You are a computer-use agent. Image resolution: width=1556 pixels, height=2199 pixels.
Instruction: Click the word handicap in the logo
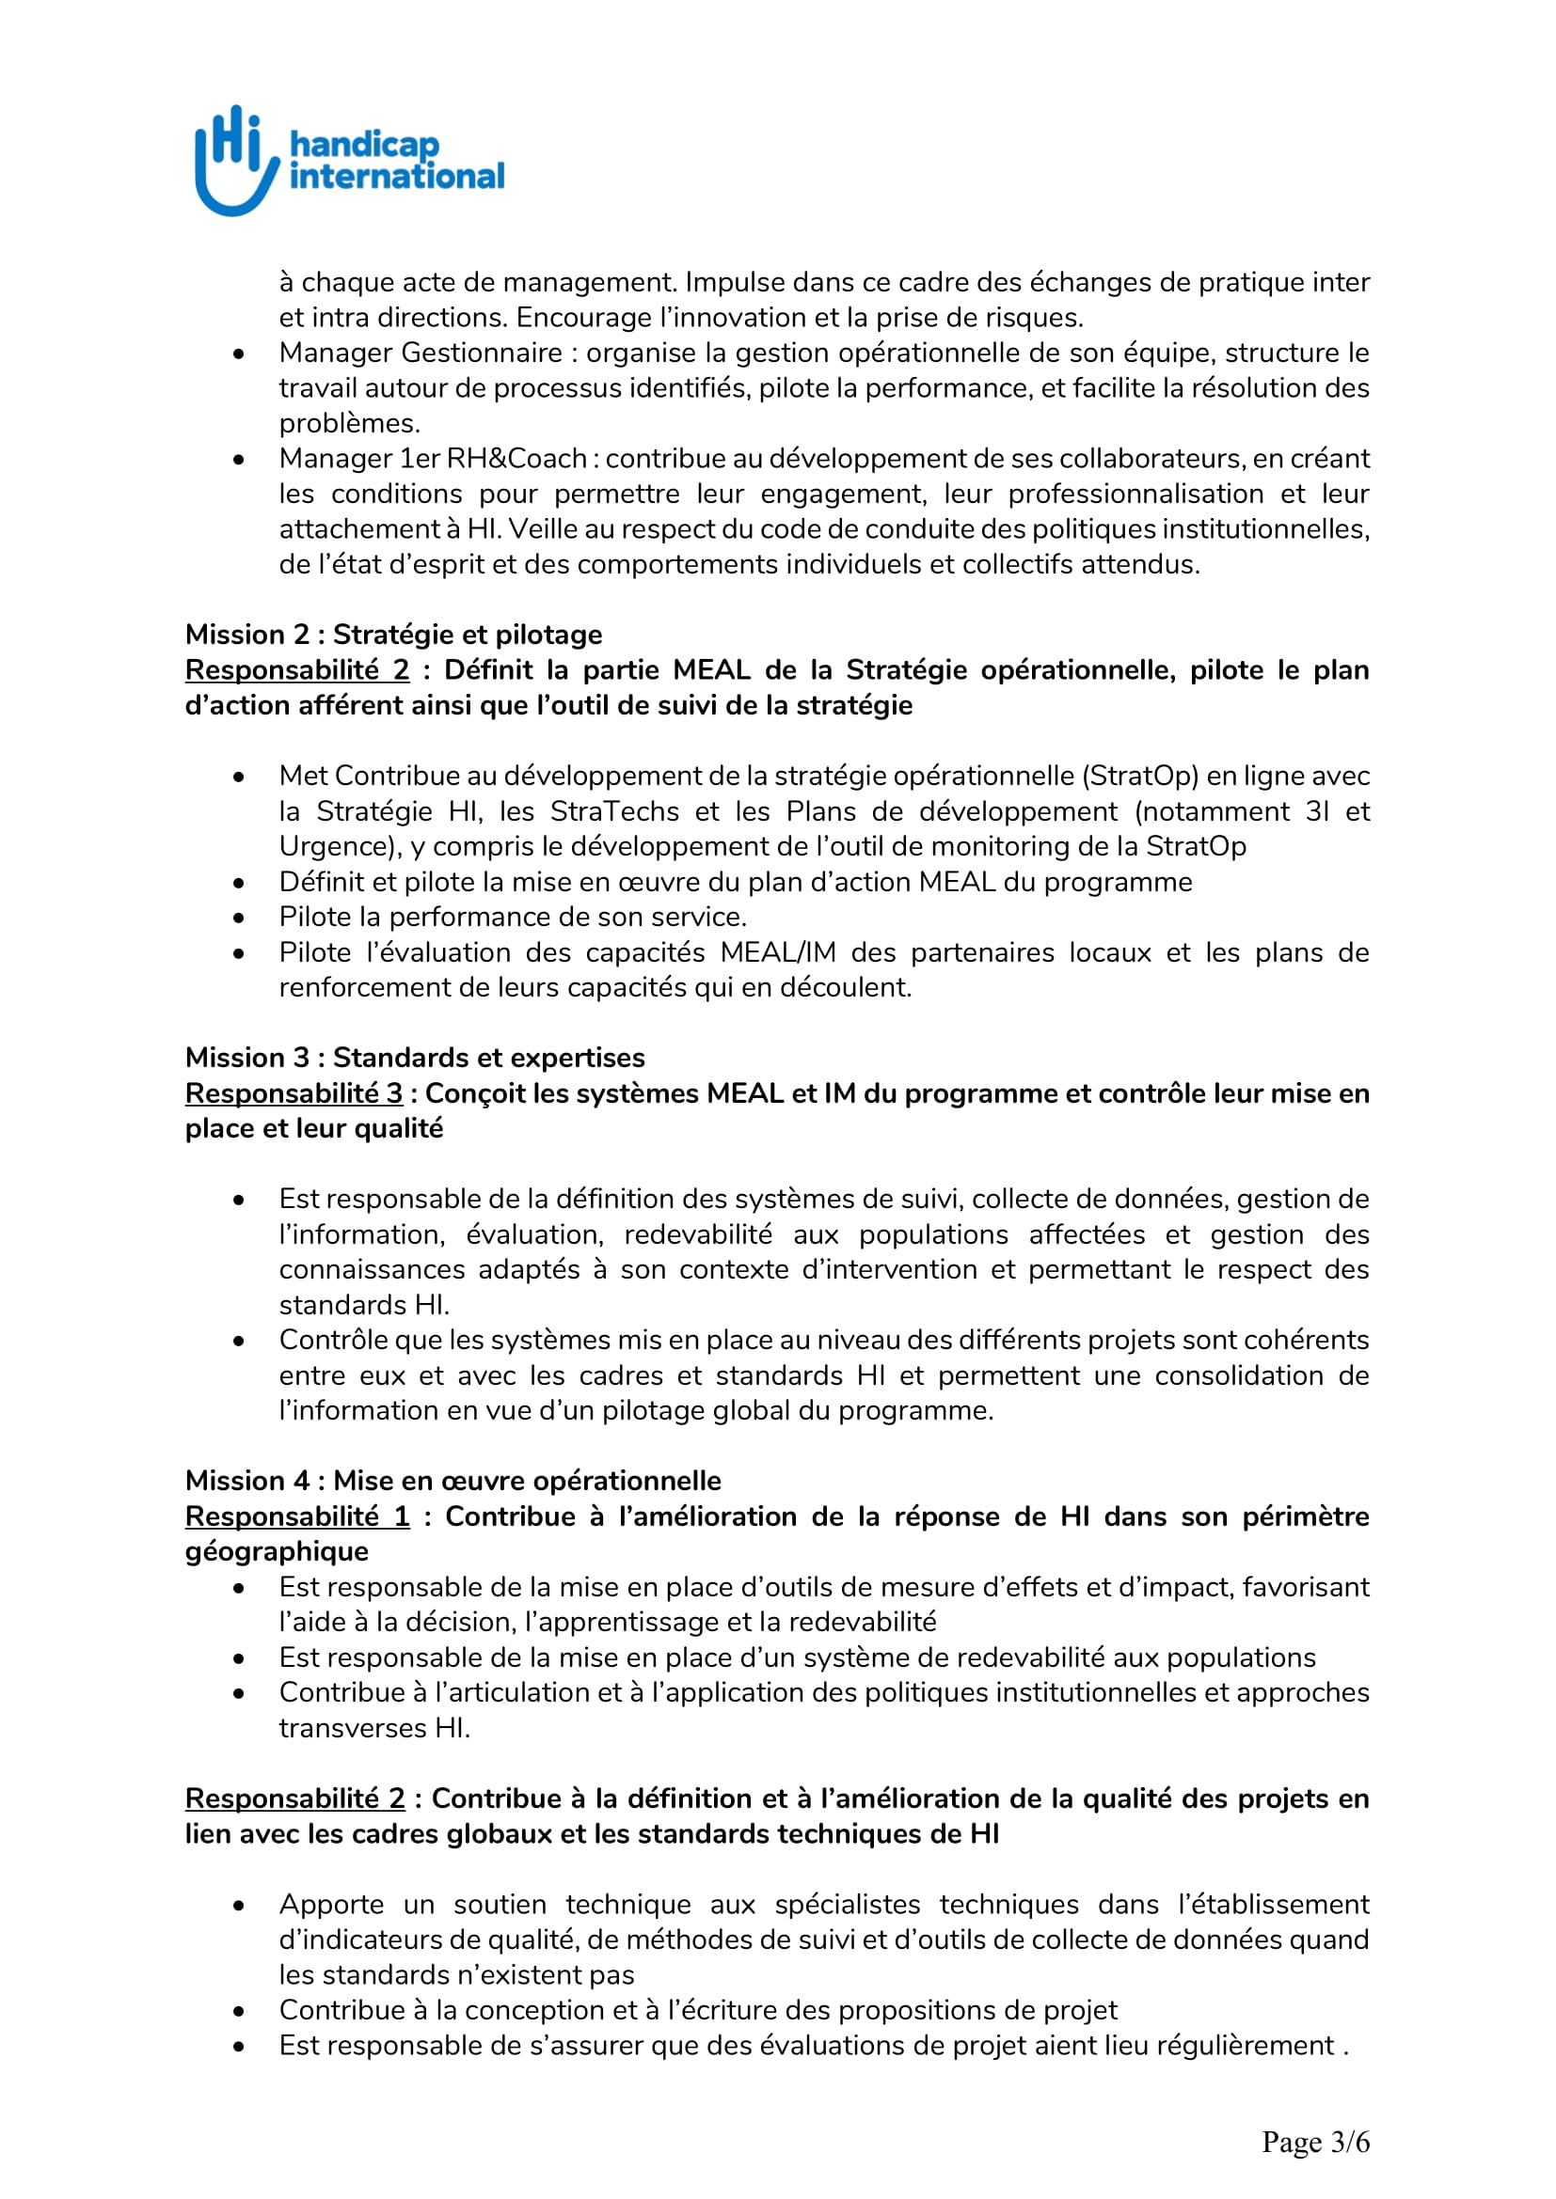point(364,145)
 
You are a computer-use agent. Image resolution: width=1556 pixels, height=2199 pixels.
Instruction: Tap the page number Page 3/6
point(1314,2142)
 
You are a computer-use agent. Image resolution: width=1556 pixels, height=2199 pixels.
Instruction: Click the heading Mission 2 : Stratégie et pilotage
point(393,634)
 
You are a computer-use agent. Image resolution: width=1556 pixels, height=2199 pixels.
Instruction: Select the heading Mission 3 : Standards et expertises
point(414,1058)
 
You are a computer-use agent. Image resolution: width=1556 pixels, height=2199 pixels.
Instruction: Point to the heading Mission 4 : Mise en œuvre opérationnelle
point(453,1481)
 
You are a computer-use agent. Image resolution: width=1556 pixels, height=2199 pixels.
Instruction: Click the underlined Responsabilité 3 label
point(294,1092)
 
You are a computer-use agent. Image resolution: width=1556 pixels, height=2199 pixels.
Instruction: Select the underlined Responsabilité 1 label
point(297,1516)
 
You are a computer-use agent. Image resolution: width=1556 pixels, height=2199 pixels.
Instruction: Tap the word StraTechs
point(614,811)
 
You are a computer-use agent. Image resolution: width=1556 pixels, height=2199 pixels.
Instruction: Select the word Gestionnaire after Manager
point(481,353)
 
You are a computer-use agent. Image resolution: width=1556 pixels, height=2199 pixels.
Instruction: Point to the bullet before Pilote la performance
point(239,918)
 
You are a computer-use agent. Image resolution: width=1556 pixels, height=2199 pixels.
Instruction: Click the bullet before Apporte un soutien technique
point(239,1905)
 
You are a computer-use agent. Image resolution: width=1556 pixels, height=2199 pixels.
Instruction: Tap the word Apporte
point(330,1905)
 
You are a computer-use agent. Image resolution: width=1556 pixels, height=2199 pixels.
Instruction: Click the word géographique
point(277,1551)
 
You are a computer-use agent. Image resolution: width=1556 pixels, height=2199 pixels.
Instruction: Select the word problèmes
point(349,423)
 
